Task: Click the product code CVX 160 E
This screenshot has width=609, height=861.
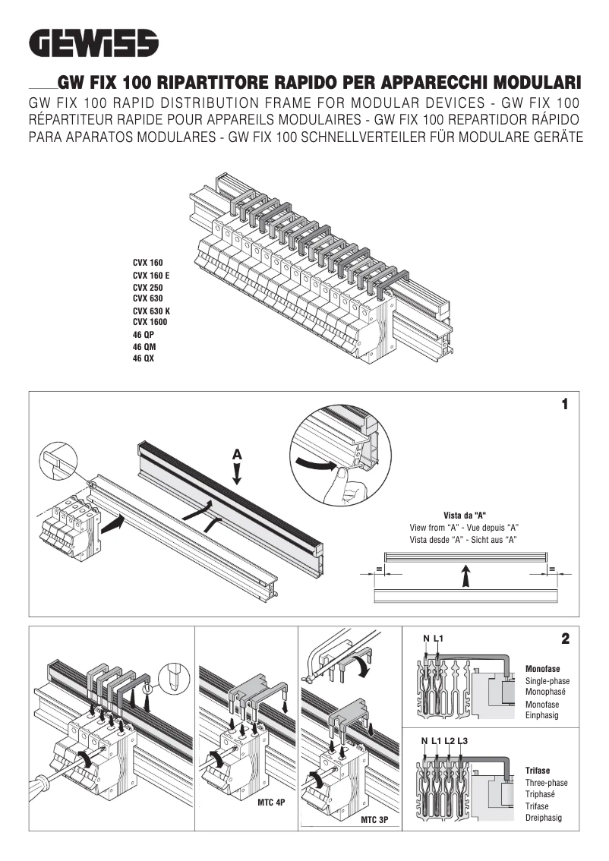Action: (151, 275)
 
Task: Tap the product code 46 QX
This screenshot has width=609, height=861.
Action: (143, 359)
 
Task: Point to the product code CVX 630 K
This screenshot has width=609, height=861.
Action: (151, 311)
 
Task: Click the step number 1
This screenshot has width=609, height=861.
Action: (564, 405)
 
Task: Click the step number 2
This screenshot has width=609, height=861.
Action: (565, 639)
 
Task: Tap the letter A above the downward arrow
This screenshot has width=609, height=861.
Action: (237, 453)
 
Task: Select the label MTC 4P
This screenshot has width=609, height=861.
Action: (270, 803)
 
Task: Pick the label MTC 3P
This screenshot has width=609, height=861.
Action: (374, 820)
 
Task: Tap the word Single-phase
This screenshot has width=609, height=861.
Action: (547, 681)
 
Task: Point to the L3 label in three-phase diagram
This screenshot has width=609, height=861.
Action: (462, 740)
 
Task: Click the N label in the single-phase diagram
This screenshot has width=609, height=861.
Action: (426, 639)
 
